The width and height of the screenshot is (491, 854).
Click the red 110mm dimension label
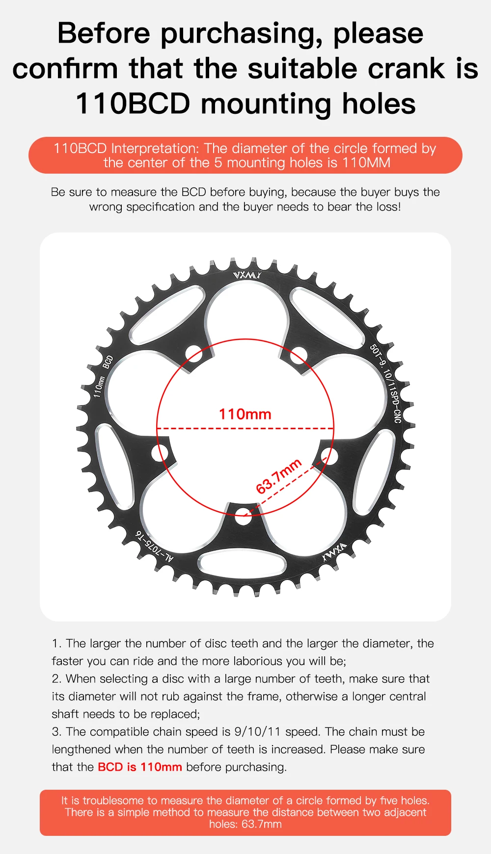[245, 414]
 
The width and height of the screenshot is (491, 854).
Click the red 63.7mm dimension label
[278, 476]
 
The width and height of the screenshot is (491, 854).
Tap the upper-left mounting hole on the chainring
[194, 353]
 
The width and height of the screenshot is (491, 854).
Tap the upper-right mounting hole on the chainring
[298, 355]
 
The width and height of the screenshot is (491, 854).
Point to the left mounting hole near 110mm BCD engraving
[160, 452]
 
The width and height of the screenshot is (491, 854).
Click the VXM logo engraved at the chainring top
[247, 275]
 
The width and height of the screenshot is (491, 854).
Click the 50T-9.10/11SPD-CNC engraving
[386, 383]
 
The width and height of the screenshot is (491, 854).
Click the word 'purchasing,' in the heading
[241, 34]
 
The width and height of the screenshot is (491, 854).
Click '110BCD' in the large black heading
[133, 104]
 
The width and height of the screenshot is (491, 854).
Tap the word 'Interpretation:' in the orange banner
[155, 148]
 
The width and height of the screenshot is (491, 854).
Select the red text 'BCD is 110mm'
[140, 767]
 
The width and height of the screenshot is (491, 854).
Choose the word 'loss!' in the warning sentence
[388, 207]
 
